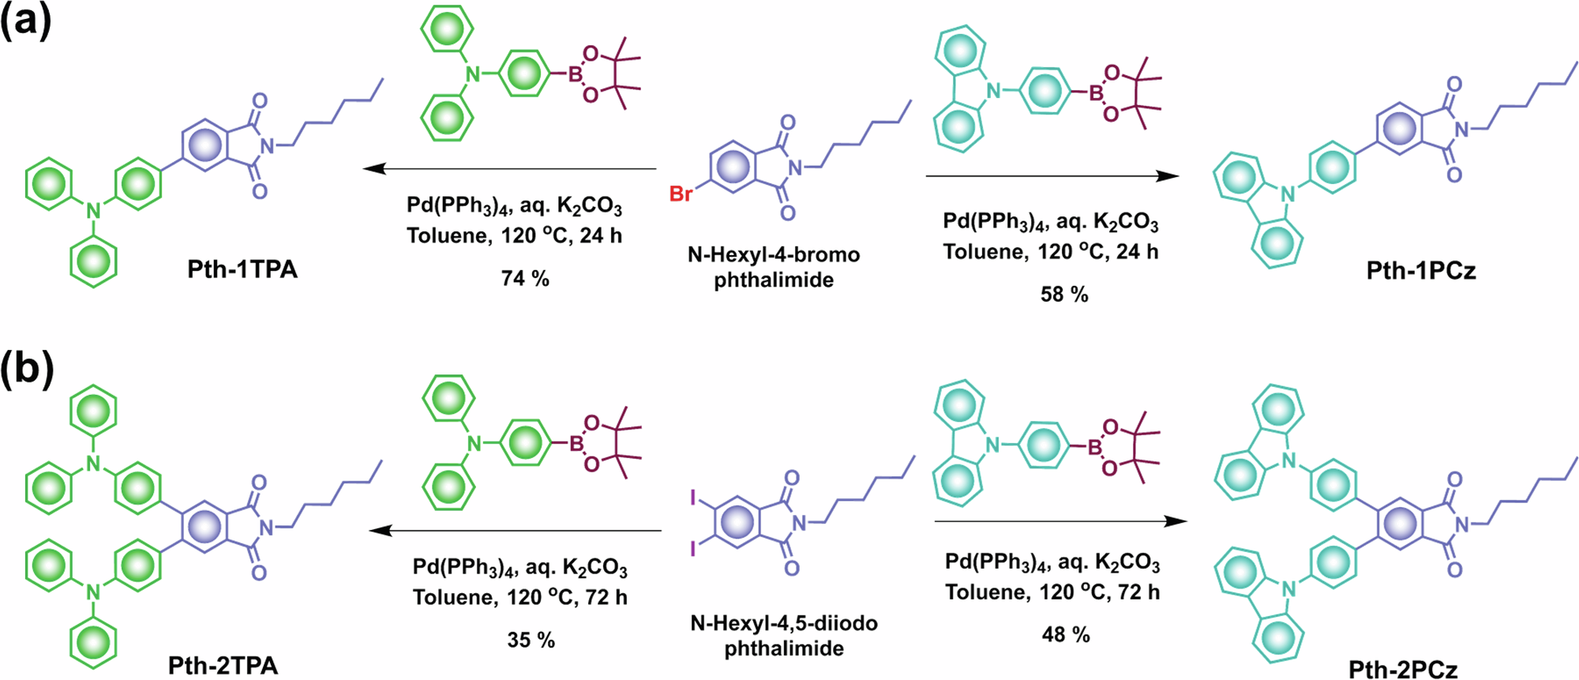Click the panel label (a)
click(x=26, y=21)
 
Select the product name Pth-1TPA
click(x=242, y=269)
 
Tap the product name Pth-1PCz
click(x=1421, y=271)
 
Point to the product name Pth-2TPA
click(x=223, y=665)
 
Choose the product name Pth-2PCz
click(x=1403, y=669)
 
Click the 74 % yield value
click(x=525, y=278)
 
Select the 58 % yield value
click(x=1064, y=295)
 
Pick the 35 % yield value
click(x=531, y=640)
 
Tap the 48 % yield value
click(x=1066, y=634)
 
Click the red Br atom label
click(x=681, y=193)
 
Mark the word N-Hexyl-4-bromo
click(x=774, y=254)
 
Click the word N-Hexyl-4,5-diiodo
click(x=784, y=623)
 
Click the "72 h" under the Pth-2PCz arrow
click(x=1138, y=592)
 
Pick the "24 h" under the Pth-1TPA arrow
click(x=601, y=235)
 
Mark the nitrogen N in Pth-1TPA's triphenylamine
click(x=94, y=211)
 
